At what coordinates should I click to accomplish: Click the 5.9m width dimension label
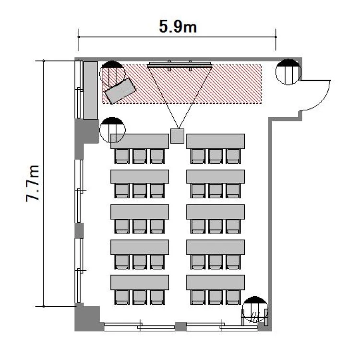coord(178,26)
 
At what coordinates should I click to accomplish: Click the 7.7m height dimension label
coord(32,183)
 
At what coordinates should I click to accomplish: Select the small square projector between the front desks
coord(177,136)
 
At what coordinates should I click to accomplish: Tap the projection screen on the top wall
coord(180,64)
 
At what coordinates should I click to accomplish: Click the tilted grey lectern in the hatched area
coord(120,91)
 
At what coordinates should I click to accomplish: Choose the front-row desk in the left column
coord(140,141)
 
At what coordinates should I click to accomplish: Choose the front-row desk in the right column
coord(216,141)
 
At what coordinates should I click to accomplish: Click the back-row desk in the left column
coord(140,282)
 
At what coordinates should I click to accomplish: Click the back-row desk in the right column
coord(216,282)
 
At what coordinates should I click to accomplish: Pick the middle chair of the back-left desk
coord(140,297)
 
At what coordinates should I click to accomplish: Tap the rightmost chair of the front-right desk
coord(233,156)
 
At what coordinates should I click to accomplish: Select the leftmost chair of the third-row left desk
coord(122,227)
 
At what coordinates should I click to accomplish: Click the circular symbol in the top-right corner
coord(288,72)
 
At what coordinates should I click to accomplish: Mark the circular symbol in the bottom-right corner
coord(255,309)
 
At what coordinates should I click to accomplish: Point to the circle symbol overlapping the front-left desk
coord(112,130)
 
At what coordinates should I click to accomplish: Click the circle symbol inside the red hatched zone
coord(112,73)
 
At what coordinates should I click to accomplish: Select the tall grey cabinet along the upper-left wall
coord(90,90)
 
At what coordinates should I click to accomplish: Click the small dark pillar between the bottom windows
coord(180,326)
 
